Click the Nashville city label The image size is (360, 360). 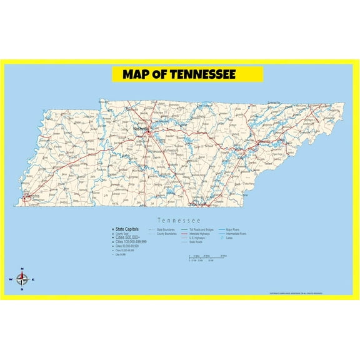coord(141,129)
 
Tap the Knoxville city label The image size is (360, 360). coord(264,142)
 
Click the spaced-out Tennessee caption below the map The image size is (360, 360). coord(179,220)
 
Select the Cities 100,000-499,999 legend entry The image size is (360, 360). coord(131,242)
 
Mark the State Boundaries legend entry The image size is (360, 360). coord(164,229)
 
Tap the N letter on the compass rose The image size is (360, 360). coord(22,269)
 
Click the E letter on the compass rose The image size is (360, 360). coord(33,279)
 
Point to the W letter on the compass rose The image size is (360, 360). coord(10,279)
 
